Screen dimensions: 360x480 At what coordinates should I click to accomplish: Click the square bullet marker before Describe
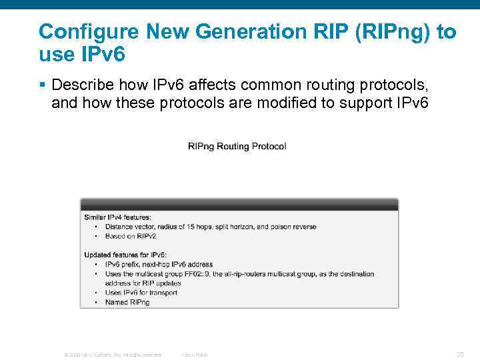tap(42, 85)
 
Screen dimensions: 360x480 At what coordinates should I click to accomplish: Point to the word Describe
tap(79, 85)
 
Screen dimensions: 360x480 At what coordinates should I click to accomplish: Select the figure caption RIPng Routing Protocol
tap(237, 146)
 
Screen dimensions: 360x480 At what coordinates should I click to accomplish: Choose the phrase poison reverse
tap(293, 227)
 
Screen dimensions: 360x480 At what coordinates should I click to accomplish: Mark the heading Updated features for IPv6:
tap(125, 255)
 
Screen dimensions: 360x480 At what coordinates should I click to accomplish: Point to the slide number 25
tap(459, 354)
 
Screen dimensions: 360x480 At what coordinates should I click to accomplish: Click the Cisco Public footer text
tap(195, 355)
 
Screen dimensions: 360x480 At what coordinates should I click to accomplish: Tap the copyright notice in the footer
tap(112, 355)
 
